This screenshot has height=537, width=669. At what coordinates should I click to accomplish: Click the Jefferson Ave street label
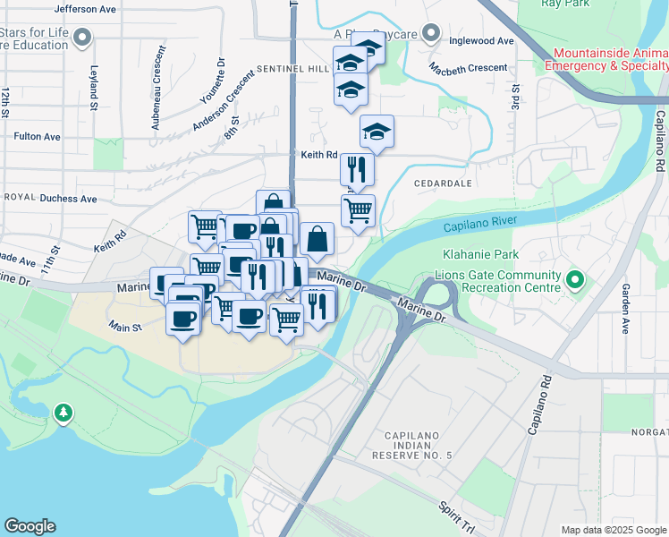coord(85,8)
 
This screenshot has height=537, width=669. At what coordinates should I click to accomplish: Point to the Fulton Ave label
coord(38,137)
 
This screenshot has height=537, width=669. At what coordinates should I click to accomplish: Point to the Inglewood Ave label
coord(482,41)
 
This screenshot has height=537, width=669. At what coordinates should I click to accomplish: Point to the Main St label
coord(125,328)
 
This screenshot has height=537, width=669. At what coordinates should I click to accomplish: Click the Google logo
coord(30,526)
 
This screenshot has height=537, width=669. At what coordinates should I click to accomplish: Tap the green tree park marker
coord(63,413)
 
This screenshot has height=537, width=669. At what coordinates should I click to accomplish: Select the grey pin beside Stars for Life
coord(83,38)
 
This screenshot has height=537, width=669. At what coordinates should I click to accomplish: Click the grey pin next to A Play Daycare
coord(431,34)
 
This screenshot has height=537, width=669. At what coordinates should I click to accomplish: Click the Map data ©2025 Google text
coord(613,530)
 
